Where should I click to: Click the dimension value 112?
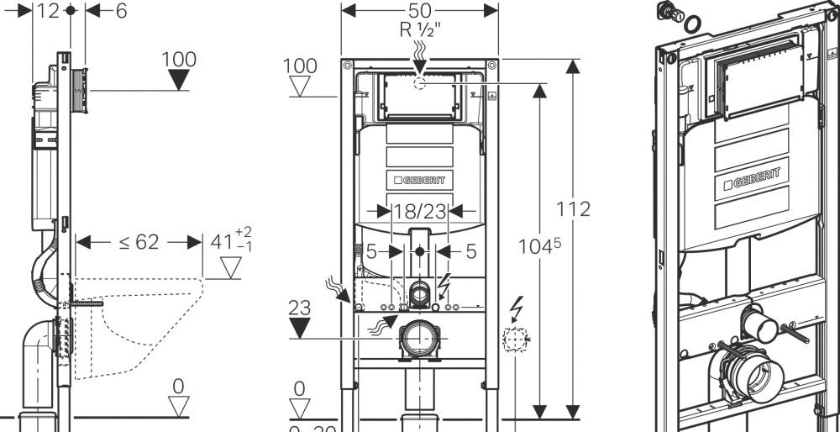coord(574,208)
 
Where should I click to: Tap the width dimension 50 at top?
coord(419,11)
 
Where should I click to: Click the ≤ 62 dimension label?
coord(138,242)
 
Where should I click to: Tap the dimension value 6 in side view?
coord(121,11)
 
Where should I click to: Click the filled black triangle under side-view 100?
coord(178,80)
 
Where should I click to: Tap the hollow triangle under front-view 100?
coord(300,87)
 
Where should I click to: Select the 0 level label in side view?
coord(178,386)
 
